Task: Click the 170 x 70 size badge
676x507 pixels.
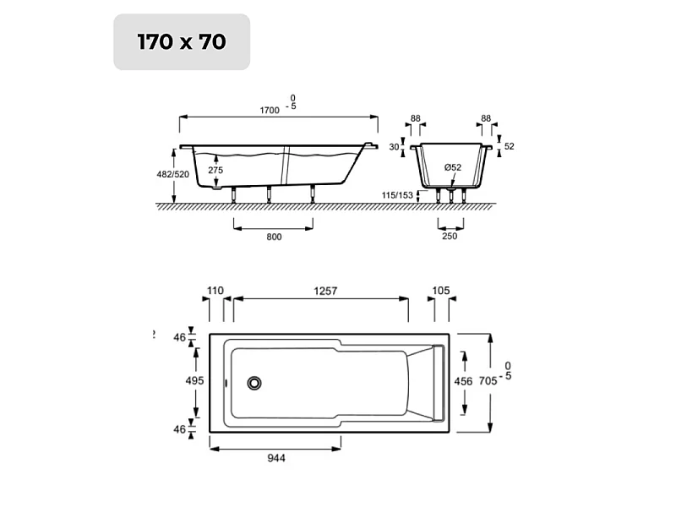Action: pos(182,41)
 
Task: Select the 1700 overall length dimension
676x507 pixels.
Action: pos(269,111)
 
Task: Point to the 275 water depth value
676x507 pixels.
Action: pos(215,170)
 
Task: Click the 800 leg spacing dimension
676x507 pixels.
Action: pos(273,237)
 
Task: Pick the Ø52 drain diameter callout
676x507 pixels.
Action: pos(453,167)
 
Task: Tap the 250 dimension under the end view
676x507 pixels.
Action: pos(450,237)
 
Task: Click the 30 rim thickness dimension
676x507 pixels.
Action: pos(394,146)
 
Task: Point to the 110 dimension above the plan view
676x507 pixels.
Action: pos(215,291)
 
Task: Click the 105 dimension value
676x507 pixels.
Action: pos(440,291)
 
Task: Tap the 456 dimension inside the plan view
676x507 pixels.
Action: pos(464,381)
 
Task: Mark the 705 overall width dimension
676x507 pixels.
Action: pos(488,381)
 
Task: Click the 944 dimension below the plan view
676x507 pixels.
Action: pos(276,458)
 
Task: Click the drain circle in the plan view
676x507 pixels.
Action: pos(254,383)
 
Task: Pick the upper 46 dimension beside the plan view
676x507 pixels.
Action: pos(179,337)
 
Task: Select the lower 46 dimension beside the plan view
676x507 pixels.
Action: pos(179,429)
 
